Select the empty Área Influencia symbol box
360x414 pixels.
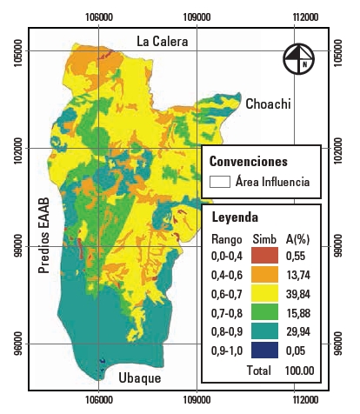coord(220,183)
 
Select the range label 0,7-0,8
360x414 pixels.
coord(228,312)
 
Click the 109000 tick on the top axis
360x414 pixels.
coord(197,17)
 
